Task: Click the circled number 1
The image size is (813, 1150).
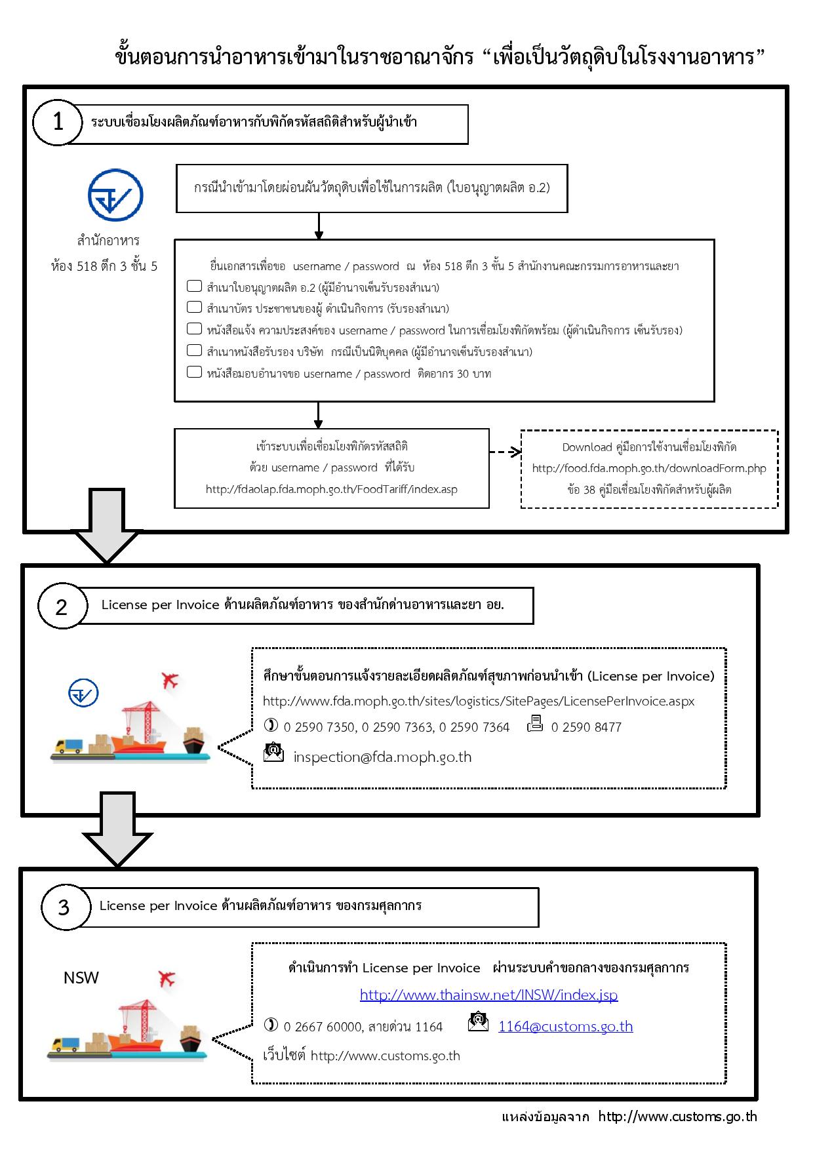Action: tap(58, 123)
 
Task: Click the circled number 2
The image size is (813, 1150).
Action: tap(62, 606)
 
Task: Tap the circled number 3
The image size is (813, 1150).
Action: tap(64, 907)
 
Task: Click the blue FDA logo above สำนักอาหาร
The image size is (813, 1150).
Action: tap(115, 195)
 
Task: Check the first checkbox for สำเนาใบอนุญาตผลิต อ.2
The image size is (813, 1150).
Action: tap(194, 286)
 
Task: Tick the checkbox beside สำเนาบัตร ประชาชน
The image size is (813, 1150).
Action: tap(194, 307)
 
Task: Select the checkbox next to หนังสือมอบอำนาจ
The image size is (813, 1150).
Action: tap(194, 372)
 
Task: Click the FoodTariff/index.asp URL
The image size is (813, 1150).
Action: tap(332, 489)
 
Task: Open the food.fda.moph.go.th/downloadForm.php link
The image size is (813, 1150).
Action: tap(649, 468)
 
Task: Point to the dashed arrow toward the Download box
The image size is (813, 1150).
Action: tap(506, 452)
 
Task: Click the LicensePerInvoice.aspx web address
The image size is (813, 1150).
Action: tap(479, 701)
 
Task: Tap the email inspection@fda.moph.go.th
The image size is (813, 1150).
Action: tap(382, 757)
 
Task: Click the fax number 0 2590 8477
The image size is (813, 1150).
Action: tap(586, 727)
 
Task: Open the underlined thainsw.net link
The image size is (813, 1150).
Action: tap(488, 995)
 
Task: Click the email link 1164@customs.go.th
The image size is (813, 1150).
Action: tap(566, 1026)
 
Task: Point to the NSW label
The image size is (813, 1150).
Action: tap(81, 978)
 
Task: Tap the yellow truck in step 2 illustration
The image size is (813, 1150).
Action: tap(69, 746)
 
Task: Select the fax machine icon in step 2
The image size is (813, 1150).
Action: tap(535, 724)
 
